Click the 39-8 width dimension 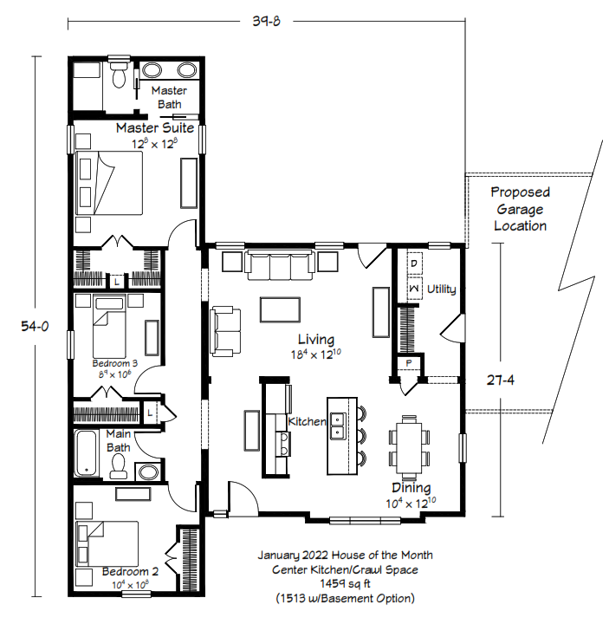[x=266, y=21]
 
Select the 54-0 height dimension [x=35, y=326]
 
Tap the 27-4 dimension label [x=500, y=380]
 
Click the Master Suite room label [x=155, y=128]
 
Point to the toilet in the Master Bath [x=119, y=74]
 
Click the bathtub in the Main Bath [x=87, y=453]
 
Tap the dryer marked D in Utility [x=414, y=263]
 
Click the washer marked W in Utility [x=414, y=288]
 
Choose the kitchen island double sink [x=338, y=426]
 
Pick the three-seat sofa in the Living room [x=280, y=265]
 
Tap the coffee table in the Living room [x=280, y=309]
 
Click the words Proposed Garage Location [x=520, y=209]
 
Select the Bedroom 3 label [x=115, y=363]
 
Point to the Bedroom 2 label [x=130, y=572]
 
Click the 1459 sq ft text [x=345, y=584]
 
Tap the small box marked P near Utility [x=409, y=363]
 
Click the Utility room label [x=442, y=289]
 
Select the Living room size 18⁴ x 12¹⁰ [x=316, y=354]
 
